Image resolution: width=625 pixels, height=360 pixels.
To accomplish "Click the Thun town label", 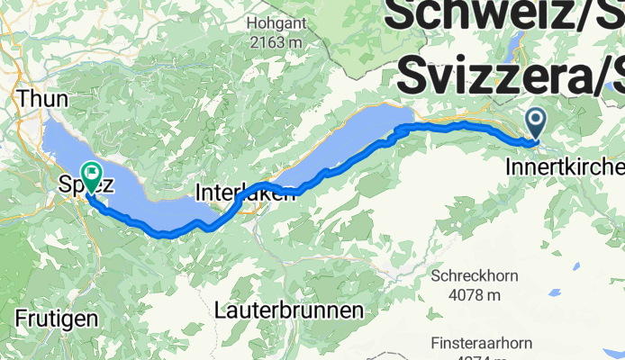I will pos(36,97).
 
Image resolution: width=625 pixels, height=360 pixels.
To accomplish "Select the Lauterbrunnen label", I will pos(290,310).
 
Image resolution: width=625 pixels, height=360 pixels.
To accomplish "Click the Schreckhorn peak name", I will pos(474,275).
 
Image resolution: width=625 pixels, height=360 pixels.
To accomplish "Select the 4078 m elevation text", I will pos(474,294).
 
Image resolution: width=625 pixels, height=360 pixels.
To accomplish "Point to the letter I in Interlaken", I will pos(199,192).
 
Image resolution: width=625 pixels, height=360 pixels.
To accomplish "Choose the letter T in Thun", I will pos(22,97).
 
